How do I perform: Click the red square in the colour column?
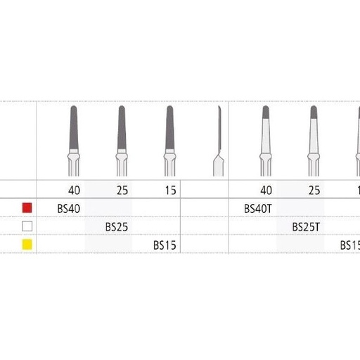pos(27,207)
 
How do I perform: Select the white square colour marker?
pos(27,226)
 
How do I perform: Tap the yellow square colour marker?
pos(27,245)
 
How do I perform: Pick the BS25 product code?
pos(117,226)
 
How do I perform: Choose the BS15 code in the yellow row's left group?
pos(166,245)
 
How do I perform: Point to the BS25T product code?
pos(307,226)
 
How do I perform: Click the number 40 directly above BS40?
pos(75,189)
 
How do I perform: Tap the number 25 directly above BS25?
pos(122,189)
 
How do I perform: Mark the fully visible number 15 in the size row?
pos(169,189)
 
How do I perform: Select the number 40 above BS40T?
pos(266,189)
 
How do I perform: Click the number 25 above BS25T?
pos(314,189)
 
